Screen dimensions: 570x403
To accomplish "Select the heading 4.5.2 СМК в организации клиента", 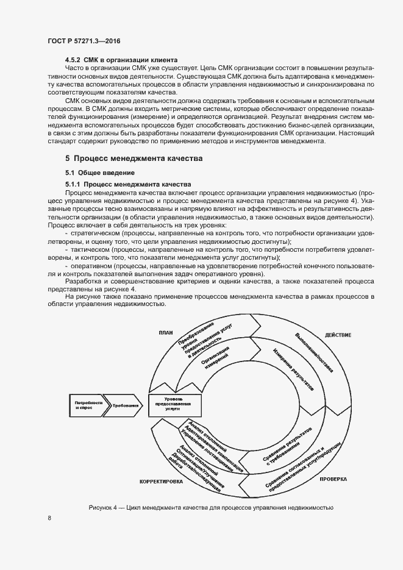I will (x=121, y=60).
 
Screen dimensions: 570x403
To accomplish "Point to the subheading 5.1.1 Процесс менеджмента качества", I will (x=128, y=183).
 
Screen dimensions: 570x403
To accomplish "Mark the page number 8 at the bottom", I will (x=49, y=518).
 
